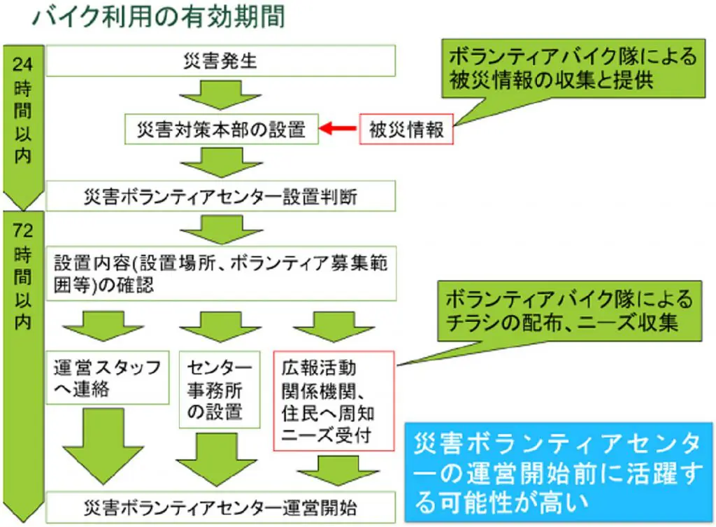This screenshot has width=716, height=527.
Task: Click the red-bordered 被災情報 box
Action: point(406,129)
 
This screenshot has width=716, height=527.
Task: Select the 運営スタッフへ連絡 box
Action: point(109,377)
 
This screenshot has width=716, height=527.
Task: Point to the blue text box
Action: point(559,472)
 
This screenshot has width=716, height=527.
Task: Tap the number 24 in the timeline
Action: point(22,65)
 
